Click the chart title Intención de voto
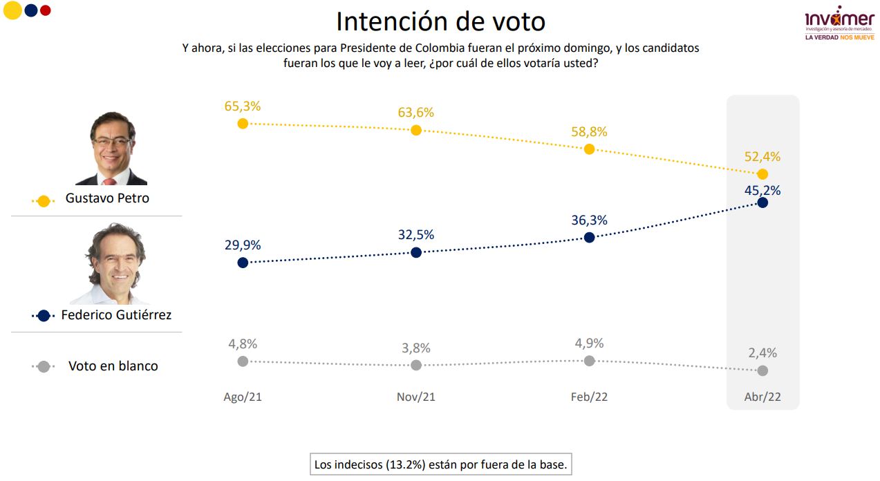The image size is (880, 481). click(x=440, y=21)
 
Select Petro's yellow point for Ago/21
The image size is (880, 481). click(x=243, y=124)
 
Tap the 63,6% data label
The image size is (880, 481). click(x=416, y=113)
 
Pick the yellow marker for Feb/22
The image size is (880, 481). click(x=590, y=149)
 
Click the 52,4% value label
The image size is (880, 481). click(x=762, y=157)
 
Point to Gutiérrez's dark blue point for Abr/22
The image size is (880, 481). click(x=762, y=202)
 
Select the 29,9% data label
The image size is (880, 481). click(x=242, y=245)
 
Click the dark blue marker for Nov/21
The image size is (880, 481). click(x=416, y=252)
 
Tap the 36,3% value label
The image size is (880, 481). click(x=590, y=220)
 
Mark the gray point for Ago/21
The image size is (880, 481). click(x=243, y=361)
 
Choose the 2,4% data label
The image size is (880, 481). click(x=762, y=353)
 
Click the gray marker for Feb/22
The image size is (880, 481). click(x=590, y=361)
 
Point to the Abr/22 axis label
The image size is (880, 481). click(x=762, y=397)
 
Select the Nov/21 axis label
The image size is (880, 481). click(x=416, y=397)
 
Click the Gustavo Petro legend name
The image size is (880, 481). click(x=107, y=198)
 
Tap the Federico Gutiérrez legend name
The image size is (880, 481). click(x=116, y=315)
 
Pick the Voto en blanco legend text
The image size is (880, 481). click(x=113, y=366)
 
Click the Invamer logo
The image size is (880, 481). click(x=839, y=23)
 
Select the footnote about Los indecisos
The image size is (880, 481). click(x=441, y=465)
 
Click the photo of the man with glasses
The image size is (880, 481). click(x=112, y=149)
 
